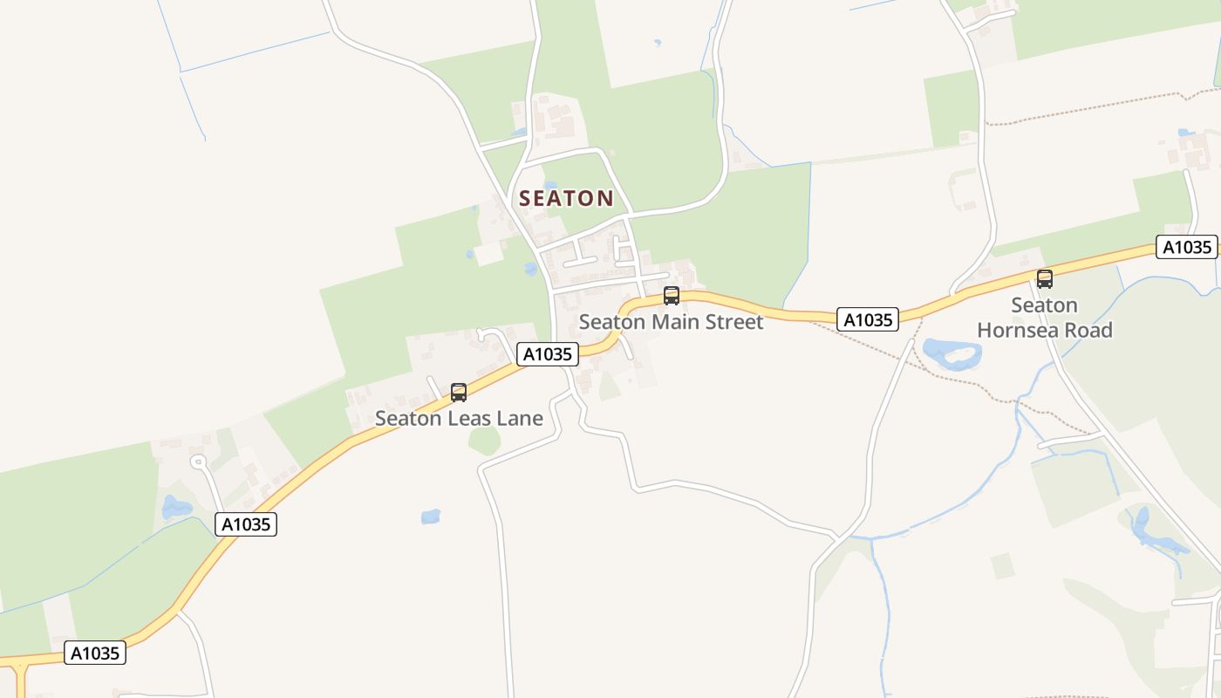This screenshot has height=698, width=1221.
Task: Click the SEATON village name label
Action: pyautogui.click(x=566, y=198)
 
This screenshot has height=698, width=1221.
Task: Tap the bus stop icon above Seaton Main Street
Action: pyautogui.click(x=671, y=296)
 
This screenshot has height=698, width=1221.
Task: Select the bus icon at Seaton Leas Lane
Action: pyautogui.click(x=459, y=393)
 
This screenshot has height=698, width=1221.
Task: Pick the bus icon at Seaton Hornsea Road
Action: pyautogui.click(x=1044, y=279)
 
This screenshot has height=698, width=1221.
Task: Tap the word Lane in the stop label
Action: pyautogui.click(x=520, y=419)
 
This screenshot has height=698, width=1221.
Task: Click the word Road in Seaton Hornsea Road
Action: pyautogui.click(x=1091, y=331)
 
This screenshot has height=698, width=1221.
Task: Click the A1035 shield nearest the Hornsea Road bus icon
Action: pyautogui.click(x=1186, y=247)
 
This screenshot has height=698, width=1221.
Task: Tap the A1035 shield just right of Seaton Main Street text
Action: pyautogui.click(x=868, y=320)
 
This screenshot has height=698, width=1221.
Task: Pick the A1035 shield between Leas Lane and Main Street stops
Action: pyautogui.click(x=548, y=354)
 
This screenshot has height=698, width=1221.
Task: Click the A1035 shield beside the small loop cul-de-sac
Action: pyautogui.click(x=246, y=524)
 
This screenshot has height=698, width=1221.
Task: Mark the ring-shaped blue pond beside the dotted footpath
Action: pyautogui.click(x=952, y=352)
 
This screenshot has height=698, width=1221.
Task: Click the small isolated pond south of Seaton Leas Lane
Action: pyautogui.click(x=431, y=517)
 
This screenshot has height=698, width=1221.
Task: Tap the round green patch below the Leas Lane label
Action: pyautogui.click(x=485, y=441)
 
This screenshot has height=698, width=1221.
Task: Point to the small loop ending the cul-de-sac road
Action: pyautogui.click(x=198, y=462)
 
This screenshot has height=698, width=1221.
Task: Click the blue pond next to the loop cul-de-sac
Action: pyautogui.click(x=174, y=507)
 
